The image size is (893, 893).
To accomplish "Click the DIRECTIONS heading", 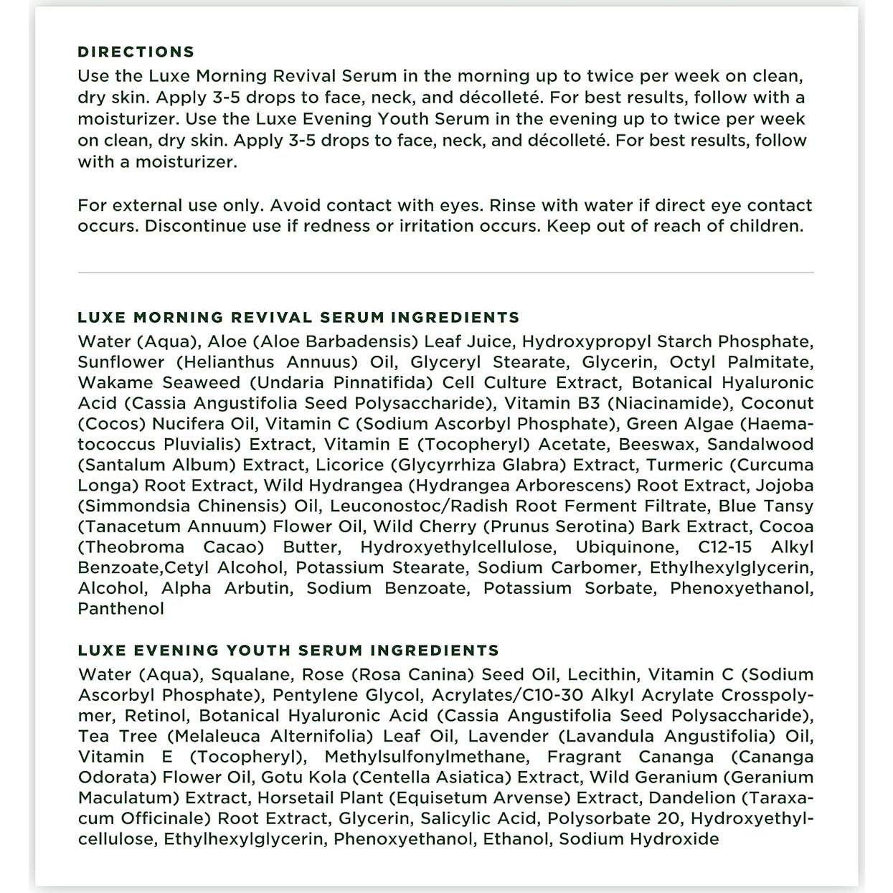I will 136,52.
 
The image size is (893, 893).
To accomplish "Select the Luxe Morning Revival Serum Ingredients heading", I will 298,317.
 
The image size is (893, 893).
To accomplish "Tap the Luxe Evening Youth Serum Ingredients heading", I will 288,651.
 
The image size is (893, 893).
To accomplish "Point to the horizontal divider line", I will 445,273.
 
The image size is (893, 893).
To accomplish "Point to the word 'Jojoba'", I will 785,486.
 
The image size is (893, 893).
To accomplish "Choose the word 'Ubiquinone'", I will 626,547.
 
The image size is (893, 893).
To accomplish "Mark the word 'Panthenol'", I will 121,609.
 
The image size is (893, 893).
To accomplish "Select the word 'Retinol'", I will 157,716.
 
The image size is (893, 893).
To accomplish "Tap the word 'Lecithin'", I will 601,675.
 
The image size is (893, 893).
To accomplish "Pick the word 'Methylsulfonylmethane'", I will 425,757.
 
